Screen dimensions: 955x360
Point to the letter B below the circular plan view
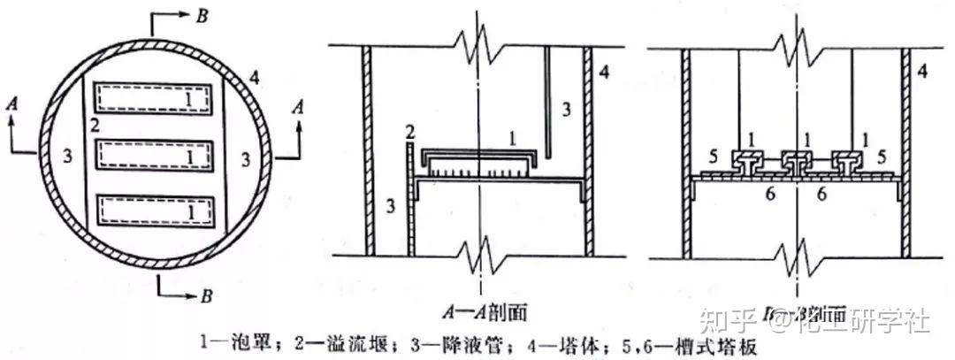coord(205,296)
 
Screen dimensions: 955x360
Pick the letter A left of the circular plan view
coord(11,103)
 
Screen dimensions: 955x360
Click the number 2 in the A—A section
coord(410,132)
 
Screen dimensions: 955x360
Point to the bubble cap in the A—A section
coord(478,158)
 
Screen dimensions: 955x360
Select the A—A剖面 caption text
coord(478,311)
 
